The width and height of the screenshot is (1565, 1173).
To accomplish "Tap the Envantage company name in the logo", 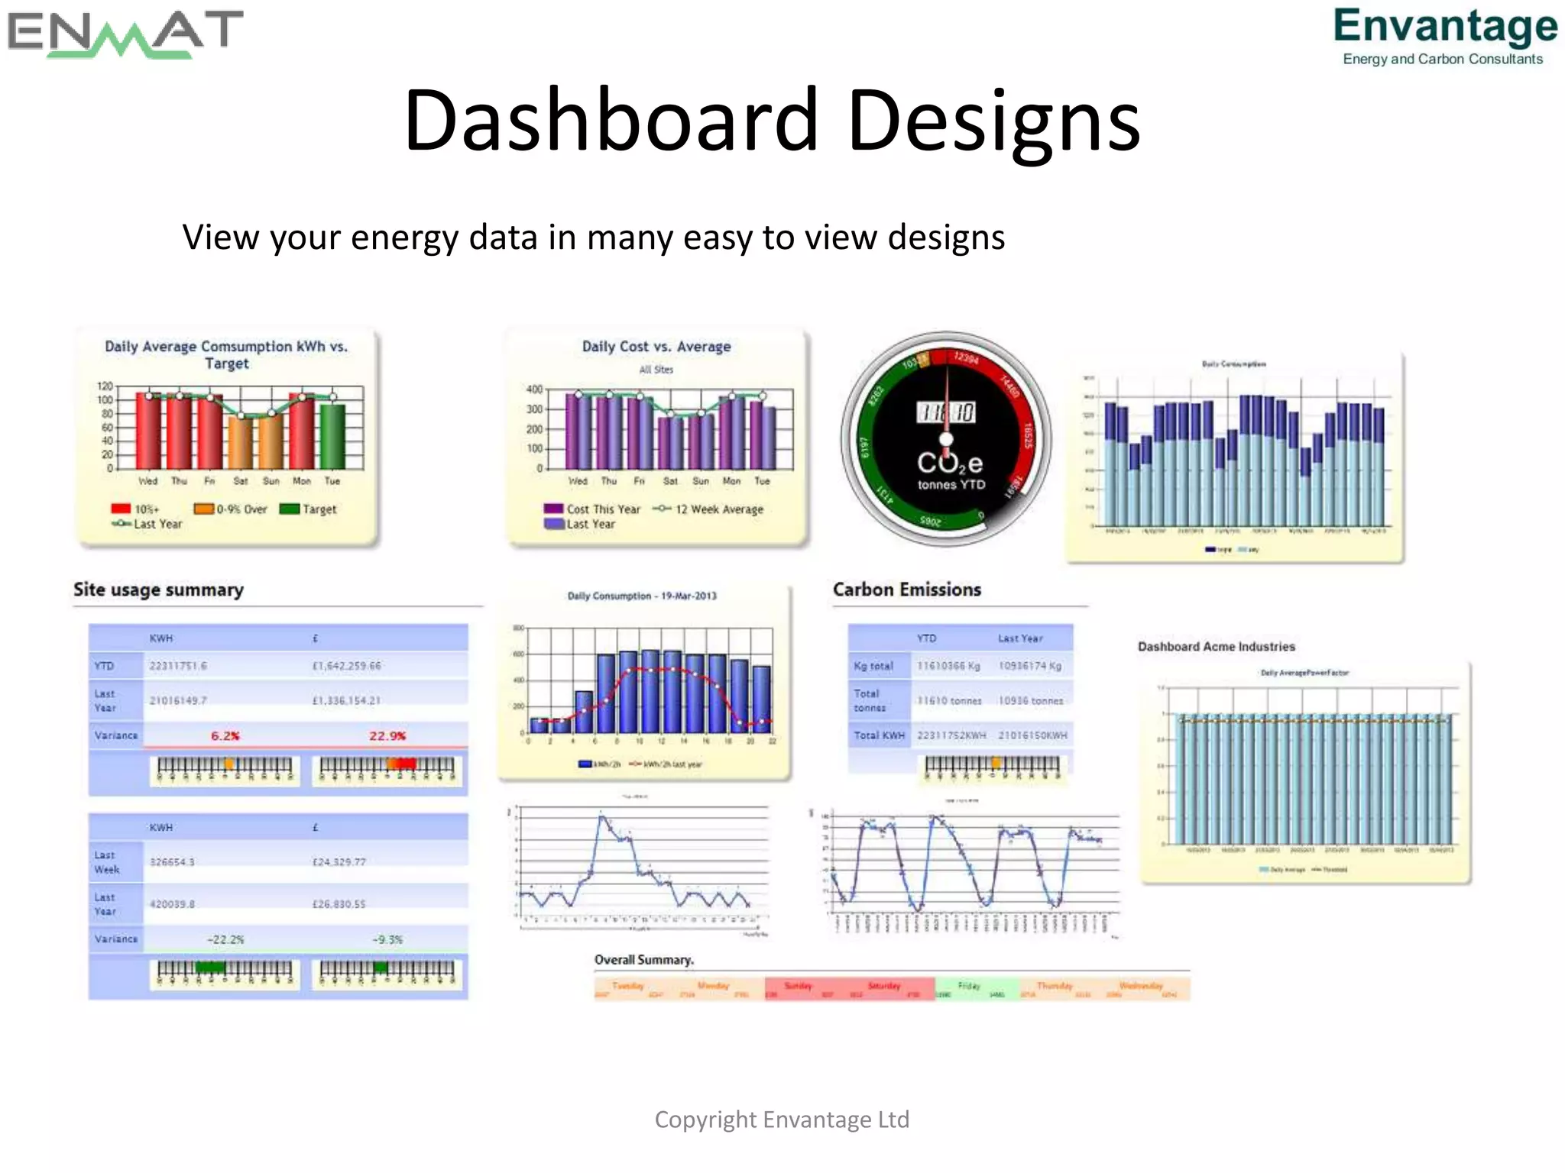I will tap(1445, 27).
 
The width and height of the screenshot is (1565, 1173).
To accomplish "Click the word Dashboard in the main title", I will tap(611, 121).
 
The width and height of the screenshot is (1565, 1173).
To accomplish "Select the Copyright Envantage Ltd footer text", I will tap(782, 1120).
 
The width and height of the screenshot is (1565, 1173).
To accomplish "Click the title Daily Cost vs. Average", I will tap(656, 347).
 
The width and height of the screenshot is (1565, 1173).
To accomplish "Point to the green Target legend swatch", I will tap(290, 509).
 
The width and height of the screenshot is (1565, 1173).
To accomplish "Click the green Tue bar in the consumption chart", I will tap(332, 435).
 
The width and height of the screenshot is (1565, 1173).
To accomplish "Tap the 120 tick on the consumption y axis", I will tap(105, 386).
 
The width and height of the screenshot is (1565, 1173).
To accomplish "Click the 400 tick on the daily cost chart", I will tap(534, 389).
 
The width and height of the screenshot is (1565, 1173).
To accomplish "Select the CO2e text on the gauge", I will tap(950, 463).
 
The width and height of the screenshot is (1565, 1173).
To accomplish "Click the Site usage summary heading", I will tap(158, 590).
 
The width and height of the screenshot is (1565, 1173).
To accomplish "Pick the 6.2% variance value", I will tap(225, 736).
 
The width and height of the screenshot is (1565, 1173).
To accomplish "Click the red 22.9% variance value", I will tap(387, 736).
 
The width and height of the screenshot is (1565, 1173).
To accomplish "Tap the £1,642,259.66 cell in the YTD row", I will tap(346, 666).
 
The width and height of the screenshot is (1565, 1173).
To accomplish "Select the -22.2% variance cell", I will tap(225, 939).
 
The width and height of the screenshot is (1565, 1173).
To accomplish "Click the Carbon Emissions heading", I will tap(907, 590).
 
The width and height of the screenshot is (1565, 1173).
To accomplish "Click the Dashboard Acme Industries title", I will tap(1217, 647).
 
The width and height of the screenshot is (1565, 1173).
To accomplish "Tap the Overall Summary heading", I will tap(644, 960).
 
